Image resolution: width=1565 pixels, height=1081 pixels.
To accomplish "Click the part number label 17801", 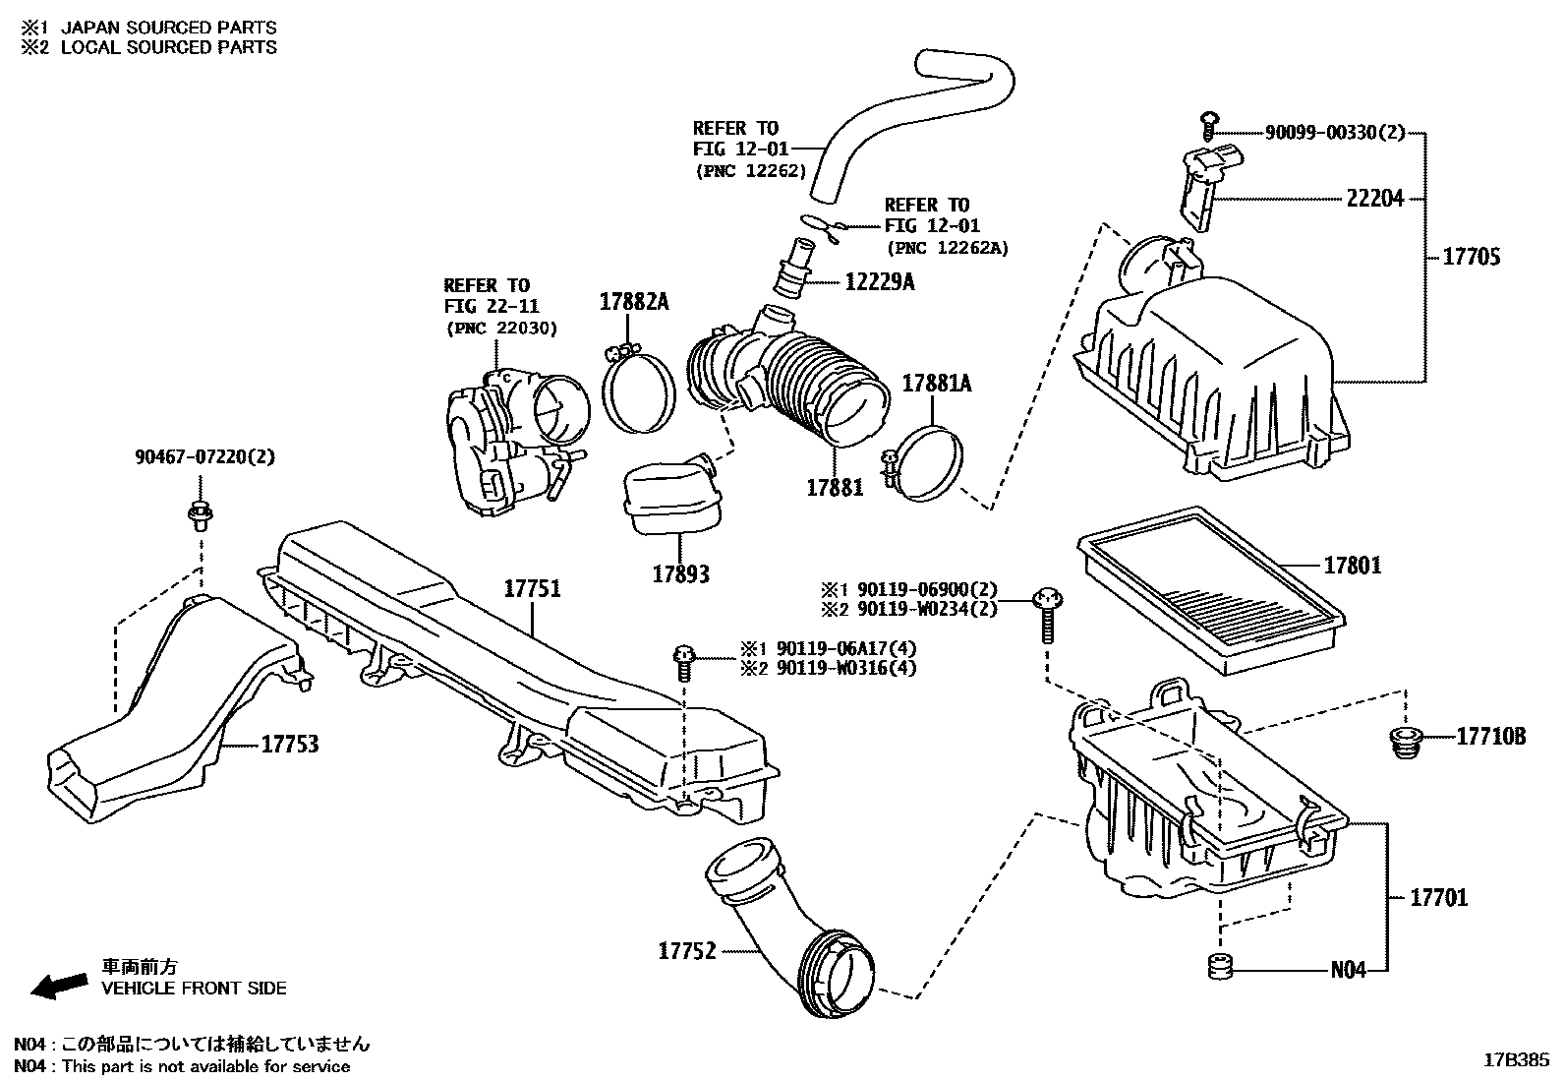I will (x=1352, y=566).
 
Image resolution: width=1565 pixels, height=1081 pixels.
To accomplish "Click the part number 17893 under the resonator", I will (x=680, y=573).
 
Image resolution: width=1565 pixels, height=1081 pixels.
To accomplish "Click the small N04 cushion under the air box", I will (x=1220, y=967).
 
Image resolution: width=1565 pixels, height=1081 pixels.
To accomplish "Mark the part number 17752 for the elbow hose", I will (x=687, y=951).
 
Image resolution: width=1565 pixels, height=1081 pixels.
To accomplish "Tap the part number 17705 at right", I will (x=1472, y=258).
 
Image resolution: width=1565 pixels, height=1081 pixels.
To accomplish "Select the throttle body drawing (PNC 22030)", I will (x=511, y=438).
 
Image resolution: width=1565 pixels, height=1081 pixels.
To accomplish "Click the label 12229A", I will (x=879, y=282).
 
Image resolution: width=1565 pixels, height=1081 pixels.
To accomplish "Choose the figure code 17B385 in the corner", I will (x=1516, y=1060).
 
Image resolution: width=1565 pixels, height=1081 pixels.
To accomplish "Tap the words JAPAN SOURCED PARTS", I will (x=168, y=28).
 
